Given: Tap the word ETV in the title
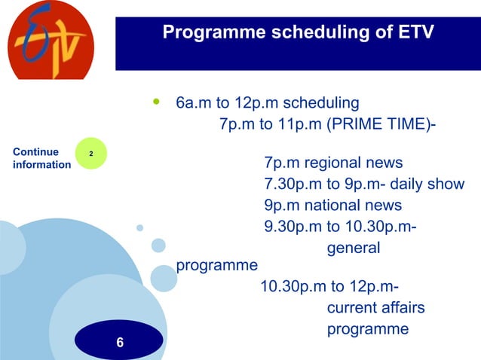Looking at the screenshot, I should [x=413, y=32].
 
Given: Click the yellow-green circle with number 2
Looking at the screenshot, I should [x=92, y=154].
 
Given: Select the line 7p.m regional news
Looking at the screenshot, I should [x=332, y=163].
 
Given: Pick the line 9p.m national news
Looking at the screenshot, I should [x=332, y=206].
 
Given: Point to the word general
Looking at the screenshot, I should [x=353, y=248].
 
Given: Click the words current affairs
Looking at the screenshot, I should [x=375, y=308].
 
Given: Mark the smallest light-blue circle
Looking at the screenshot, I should [x=139, y=227].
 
